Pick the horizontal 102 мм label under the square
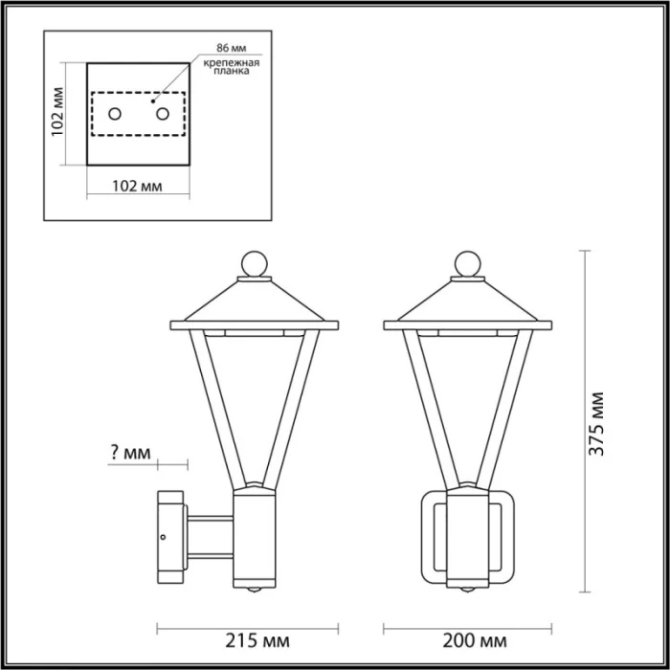coord(138,186)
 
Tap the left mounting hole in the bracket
coord(114,115)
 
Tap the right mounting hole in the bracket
coord(162,115)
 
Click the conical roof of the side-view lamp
coord(255,304)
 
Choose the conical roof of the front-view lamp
coord(467,304)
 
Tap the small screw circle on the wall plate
coord(165,537)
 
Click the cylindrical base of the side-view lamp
coord(255,541)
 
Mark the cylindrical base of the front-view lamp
coord(467,541)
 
